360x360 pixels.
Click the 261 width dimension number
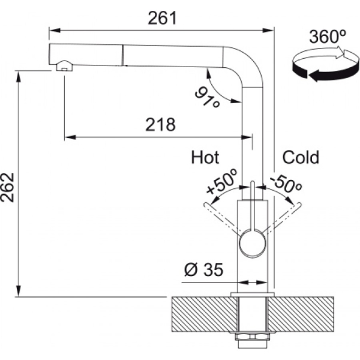[163, 19]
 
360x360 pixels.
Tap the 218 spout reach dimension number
[160, 125]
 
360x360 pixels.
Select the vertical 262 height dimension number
[8, 187]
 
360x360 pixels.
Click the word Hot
[205, 157]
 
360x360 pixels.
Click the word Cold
[301, 157]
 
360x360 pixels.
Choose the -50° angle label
[286, 183]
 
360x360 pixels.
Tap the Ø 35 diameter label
[203, 269]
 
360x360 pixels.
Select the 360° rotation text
[327, 37]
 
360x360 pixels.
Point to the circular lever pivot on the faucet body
[253, 244]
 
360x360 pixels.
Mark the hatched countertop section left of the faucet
[205, 314]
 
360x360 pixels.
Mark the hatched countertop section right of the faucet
[301, 314]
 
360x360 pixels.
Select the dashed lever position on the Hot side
[223, 218]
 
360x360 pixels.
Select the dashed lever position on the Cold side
[283, 217]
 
